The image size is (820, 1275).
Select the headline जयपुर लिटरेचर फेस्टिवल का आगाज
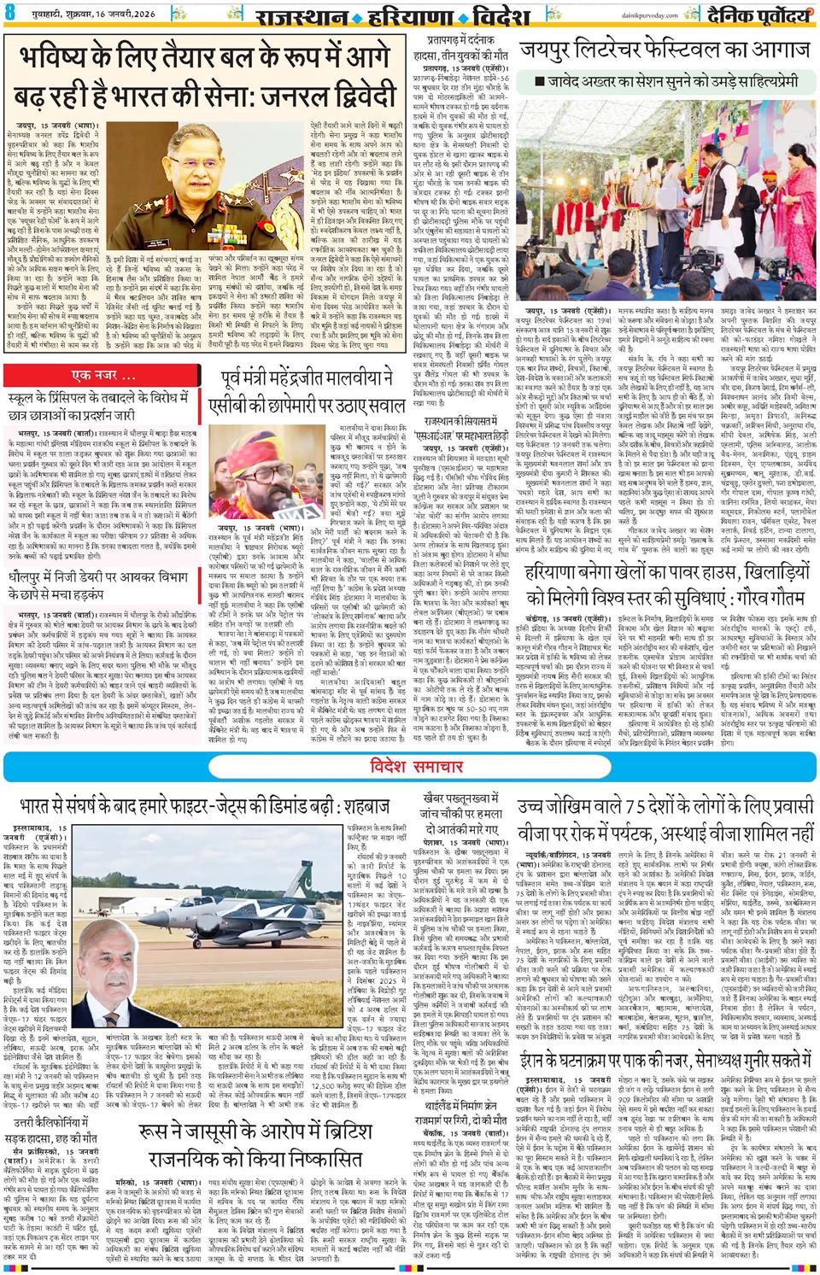point(665,50)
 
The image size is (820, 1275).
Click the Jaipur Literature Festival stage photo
point(665,205)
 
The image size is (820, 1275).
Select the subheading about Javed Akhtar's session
point(665,81)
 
